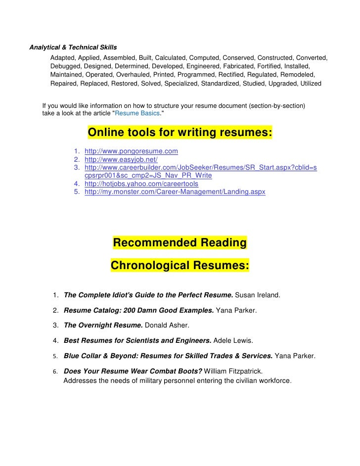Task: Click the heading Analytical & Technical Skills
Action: (x=73, y=48)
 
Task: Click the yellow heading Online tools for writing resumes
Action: (x=180, y=134)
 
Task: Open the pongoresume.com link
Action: (x=131, y=151)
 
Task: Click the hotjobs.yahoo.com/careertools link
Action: (x=141, y=184)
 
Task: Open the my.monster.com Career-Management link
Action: (x=175, y=192)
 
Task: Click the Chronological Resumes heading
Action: (x=180, y=266)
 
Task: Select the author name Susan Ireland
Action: (x=258, y=295)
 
